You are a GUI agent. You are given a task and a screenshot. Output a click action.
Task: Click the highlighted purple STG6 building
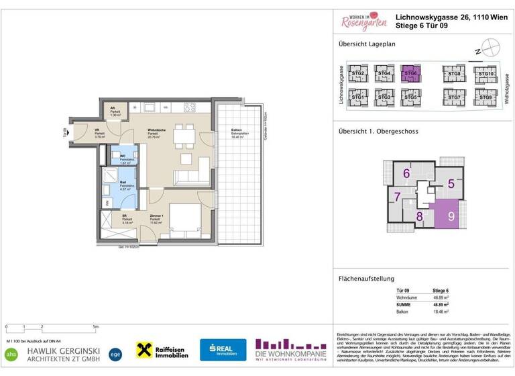[x=410, y=74]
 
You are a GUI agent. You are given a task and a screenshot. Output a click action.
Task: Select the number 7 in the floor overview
[x=398, y=197]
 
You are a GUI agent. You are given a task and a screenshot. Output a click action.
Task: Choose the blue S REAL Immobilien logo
[x=223, y=350]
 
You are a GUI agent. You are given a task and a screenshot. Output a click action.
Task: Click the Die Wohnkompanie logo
[x=291, y=349]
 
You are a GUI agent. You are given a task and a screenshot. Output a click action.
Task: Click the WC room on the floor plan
[x=125, y=158]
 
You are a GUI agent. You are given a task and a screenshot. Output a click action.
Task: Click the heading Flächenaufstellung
[x=365, y=279]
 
